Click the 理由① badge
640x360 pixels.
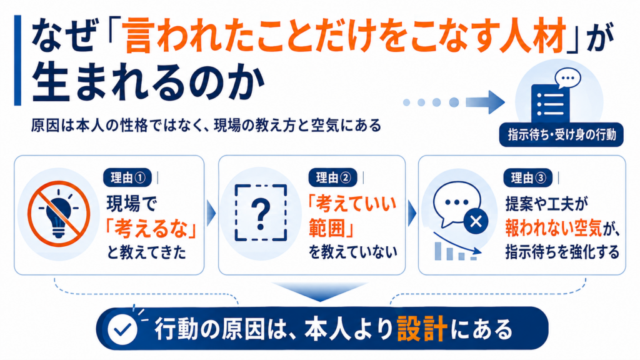(x=127, y=178)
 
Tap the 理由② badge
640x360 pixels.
(x=332, y=178)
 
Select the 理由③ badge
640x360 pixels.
(x=527, y=178)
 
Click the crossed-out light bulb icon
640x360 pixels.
(x=59, y=214)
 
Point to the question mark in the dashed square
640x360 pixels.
(x=261, y=213)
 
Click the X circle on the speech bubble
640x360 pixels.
(x=476, y=222)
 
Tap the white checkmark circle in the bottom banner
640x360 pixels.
(x=122, y=329)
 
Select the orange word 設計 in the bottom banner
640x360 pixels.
(x=421, y=329)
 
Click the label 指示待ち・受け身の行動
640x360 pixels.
(x=561, y=135)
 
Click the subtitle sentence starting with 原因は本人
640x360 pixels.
(x=206, y=125)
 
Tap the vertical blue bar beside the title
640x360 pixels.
(x=17, y=61)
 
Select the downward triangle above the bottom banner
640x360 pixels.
(x=320, y=291)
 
